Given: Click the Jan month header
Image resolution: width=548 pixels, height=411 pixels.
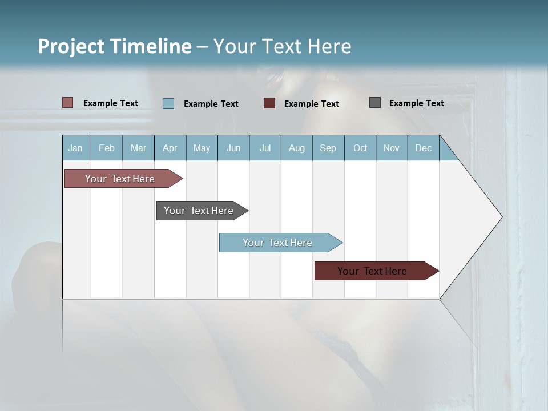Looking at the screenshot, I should (x=75, y=148).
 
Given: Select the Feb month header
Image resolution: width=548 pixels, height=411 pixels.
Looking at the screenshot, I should (x=107, y=148).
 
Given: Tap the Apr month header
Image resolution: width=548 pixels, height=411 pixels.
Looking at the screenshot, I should (x=170, y=148).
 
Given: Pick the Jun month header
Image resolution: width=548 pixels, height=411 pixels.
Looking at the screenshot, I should (x=233, y=148).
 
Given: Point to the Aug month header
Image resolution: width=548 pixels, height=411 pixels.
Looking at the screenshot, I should (x=296, y=148).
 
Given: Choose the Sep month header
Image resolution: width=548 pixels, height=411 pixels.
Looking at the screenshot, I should (x=328, y=148).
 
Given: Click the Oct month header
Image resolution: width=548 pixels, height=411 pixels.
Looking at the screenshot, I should (x=360, y=148).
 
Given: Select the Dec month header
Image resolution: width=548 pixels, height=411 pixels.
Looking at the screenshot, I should (x=423, y=148).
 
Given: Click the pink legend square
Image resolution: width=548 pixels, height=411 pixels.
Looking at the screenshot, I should (x=68, y=103).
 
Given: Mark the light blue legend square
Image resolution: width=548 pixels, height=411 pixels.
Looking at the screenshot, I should (x=168, y=103).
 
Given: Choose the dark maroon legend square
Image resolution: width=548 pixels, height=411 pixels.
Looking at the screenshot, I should (x=269, y=103).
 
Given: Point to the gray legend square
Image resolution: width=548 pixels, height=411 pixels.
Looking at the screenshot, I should (x=375, y=103).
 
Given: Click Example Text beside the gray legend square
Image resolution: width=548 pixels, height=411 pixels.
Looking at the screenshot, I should (x=416, y=103).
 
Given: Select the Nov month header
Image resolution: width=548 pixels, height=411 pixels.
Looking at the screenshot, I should (x=392, y=148).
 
